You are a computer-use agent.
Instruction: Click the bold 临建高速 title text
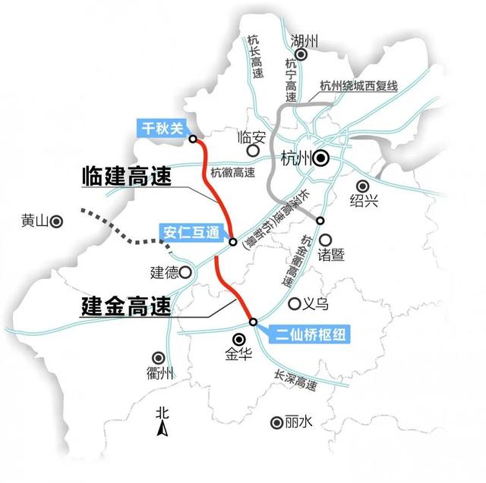(126, 176)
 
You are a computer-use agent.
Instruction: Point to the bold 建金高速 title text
(126, 306)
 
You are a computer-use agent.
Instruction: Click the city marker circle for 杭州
(322, 158)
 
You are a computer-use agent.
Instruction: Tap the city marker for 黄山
(56, 221)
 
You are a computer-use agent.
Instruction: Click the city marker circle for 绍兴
(362, 185)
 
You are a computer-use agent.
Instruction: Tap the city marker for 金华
(238, 339)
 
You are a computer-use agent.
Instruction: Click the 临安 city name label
(254, 137)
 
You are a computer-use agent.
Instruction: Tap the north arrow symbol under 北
(162, 431)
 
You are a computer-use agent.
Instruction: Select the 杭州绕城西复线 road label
(359, 85)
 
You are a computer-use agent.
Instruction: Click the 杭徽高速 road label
(232, 172)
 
